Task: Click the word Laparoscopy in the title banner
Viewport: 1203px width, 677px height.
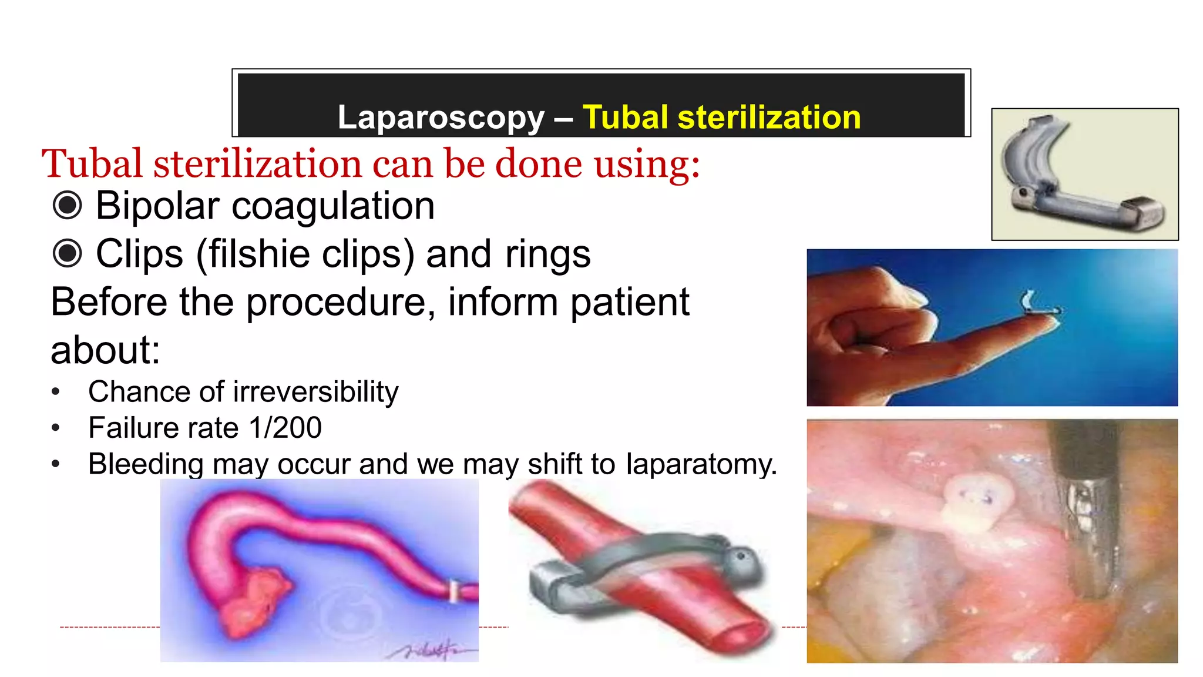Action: pyautogui.click(x=441, y=118)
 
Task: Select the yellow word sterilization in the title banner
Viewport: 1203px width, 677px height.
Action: pyautogui.click(x=769, y=117)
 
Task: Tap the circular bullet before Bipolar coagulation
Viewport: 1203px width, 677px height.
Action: pyautogui.click(x=68, y=206)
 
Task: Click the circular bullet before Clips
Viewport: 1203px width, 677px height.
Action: pyautogui.click(x=68, y=254)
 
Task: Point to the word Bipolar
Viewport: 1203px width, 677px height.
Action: pyautogui.click(x=157, y=206)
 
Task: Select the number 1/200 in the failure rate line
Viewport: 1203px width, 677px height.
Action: pyautogui.click(x=285, y=427)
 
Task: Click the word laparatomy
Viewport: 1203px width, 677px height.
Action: pyautogui.click(x=701, y=464)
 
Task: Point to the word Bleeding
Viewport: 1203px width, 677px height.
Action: pyautogui.click(x=146, y=464)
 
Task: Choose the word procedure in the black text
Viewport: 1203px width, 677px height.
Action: pyautogui.click(x=341, y=302)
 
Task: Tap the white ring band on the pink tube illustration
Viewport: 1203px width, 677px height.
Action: pyautogui.click(x=453, y=591)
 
